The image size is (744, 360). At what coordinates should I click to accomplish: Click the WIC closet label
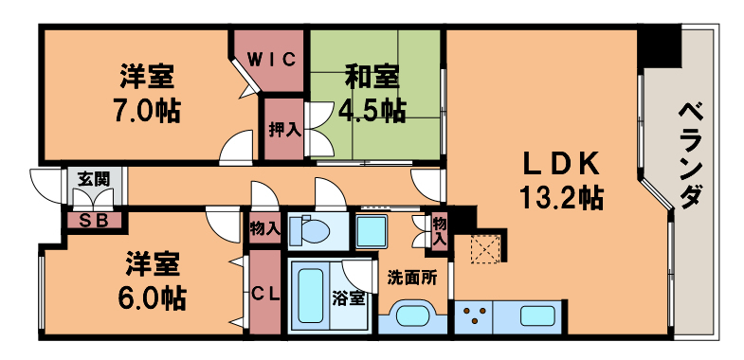(272, 59)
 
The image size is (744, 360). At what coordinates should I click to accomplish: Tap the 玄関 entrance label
(93, 177)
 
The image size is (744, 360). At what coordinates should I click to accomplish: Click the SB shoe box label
(93, 222)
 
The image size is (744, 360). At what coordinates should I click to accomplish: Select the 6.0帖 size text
(144, 297)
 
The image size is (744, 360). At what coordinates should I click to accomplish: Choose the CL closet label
(264, 294)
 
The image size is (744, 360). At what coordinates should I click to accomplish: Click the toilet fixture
(313, 230)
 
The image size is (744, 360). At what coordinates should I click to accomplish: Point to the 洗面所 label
(412, 278)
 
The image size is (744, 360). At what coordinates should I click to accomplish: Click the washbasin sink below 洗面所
(413, 315)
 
